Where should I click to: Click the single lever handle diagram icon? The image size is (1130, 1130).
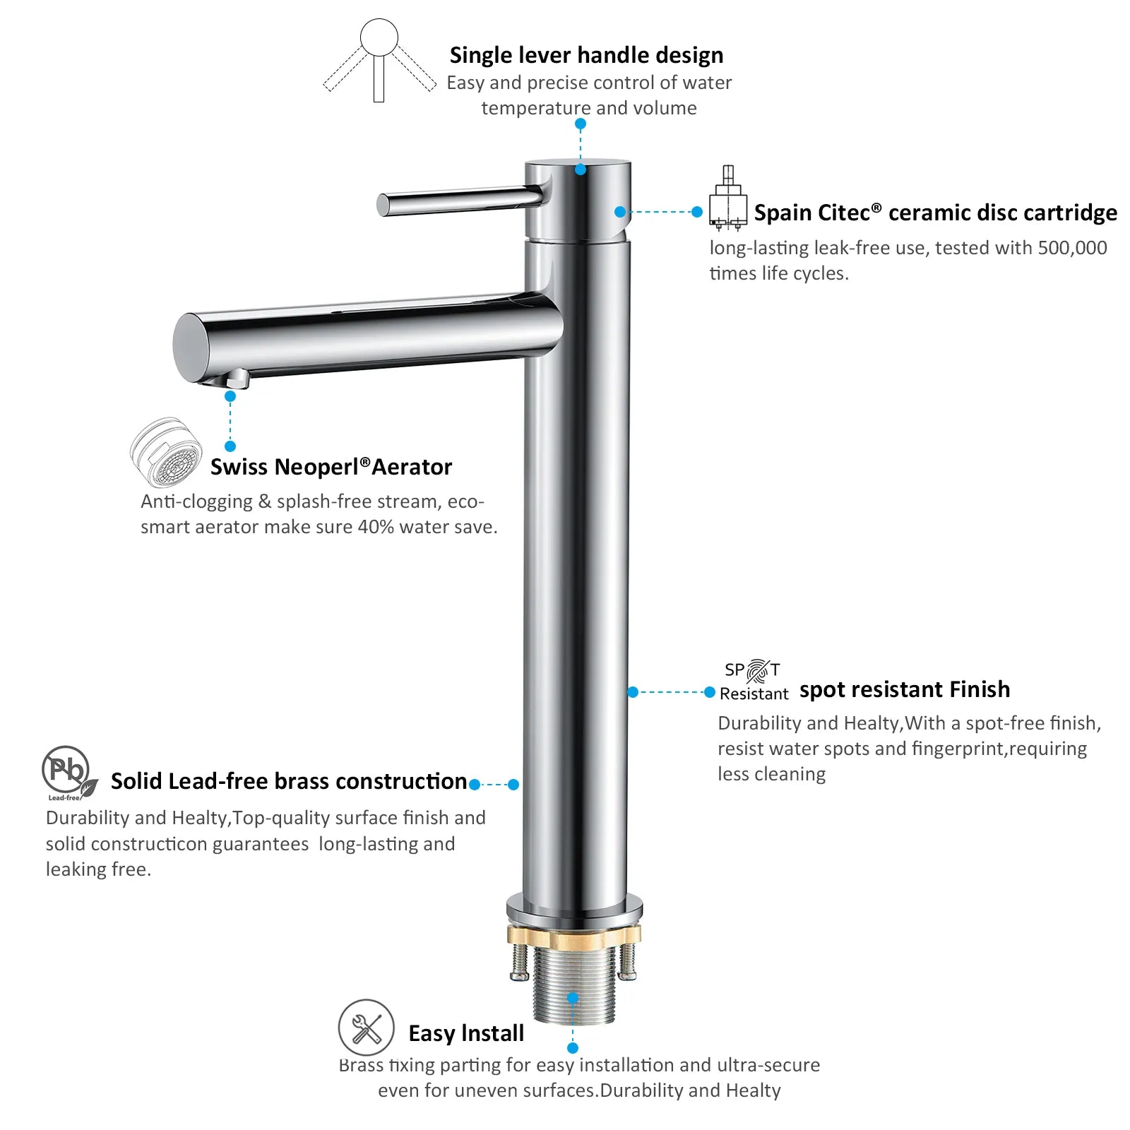coord(379,61)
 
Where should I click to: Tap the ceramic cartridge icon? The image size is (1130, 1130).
coord(728,198)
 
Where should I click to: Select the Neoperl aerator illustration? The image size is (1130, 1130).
coord(166,452)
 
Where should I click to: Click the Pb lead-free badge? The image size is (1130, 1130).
coord(69,773)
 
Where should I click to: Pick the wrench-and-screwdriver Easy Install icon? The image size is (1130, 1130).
coord(366,1028)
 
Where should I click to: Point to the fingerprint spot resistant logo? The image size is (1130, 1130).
coord(753,681)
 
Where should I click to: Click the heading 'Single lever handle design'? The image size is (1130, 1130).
coord(586,55)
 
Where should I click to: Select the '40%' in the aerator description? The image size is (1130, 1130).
coord(376,527)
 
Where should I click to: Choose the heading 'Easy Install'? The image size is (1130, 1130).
coord(466,1033)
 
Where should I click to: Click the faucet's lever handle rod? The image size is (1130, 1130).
coord(460,200)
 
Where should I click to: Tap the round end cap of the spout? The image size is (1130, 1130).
coord(189,347)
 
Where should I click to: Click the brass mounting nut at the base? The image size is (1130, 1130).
coord(573,936)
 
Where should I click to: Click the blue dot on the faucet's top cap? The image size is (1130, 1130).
coord(581,169)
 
